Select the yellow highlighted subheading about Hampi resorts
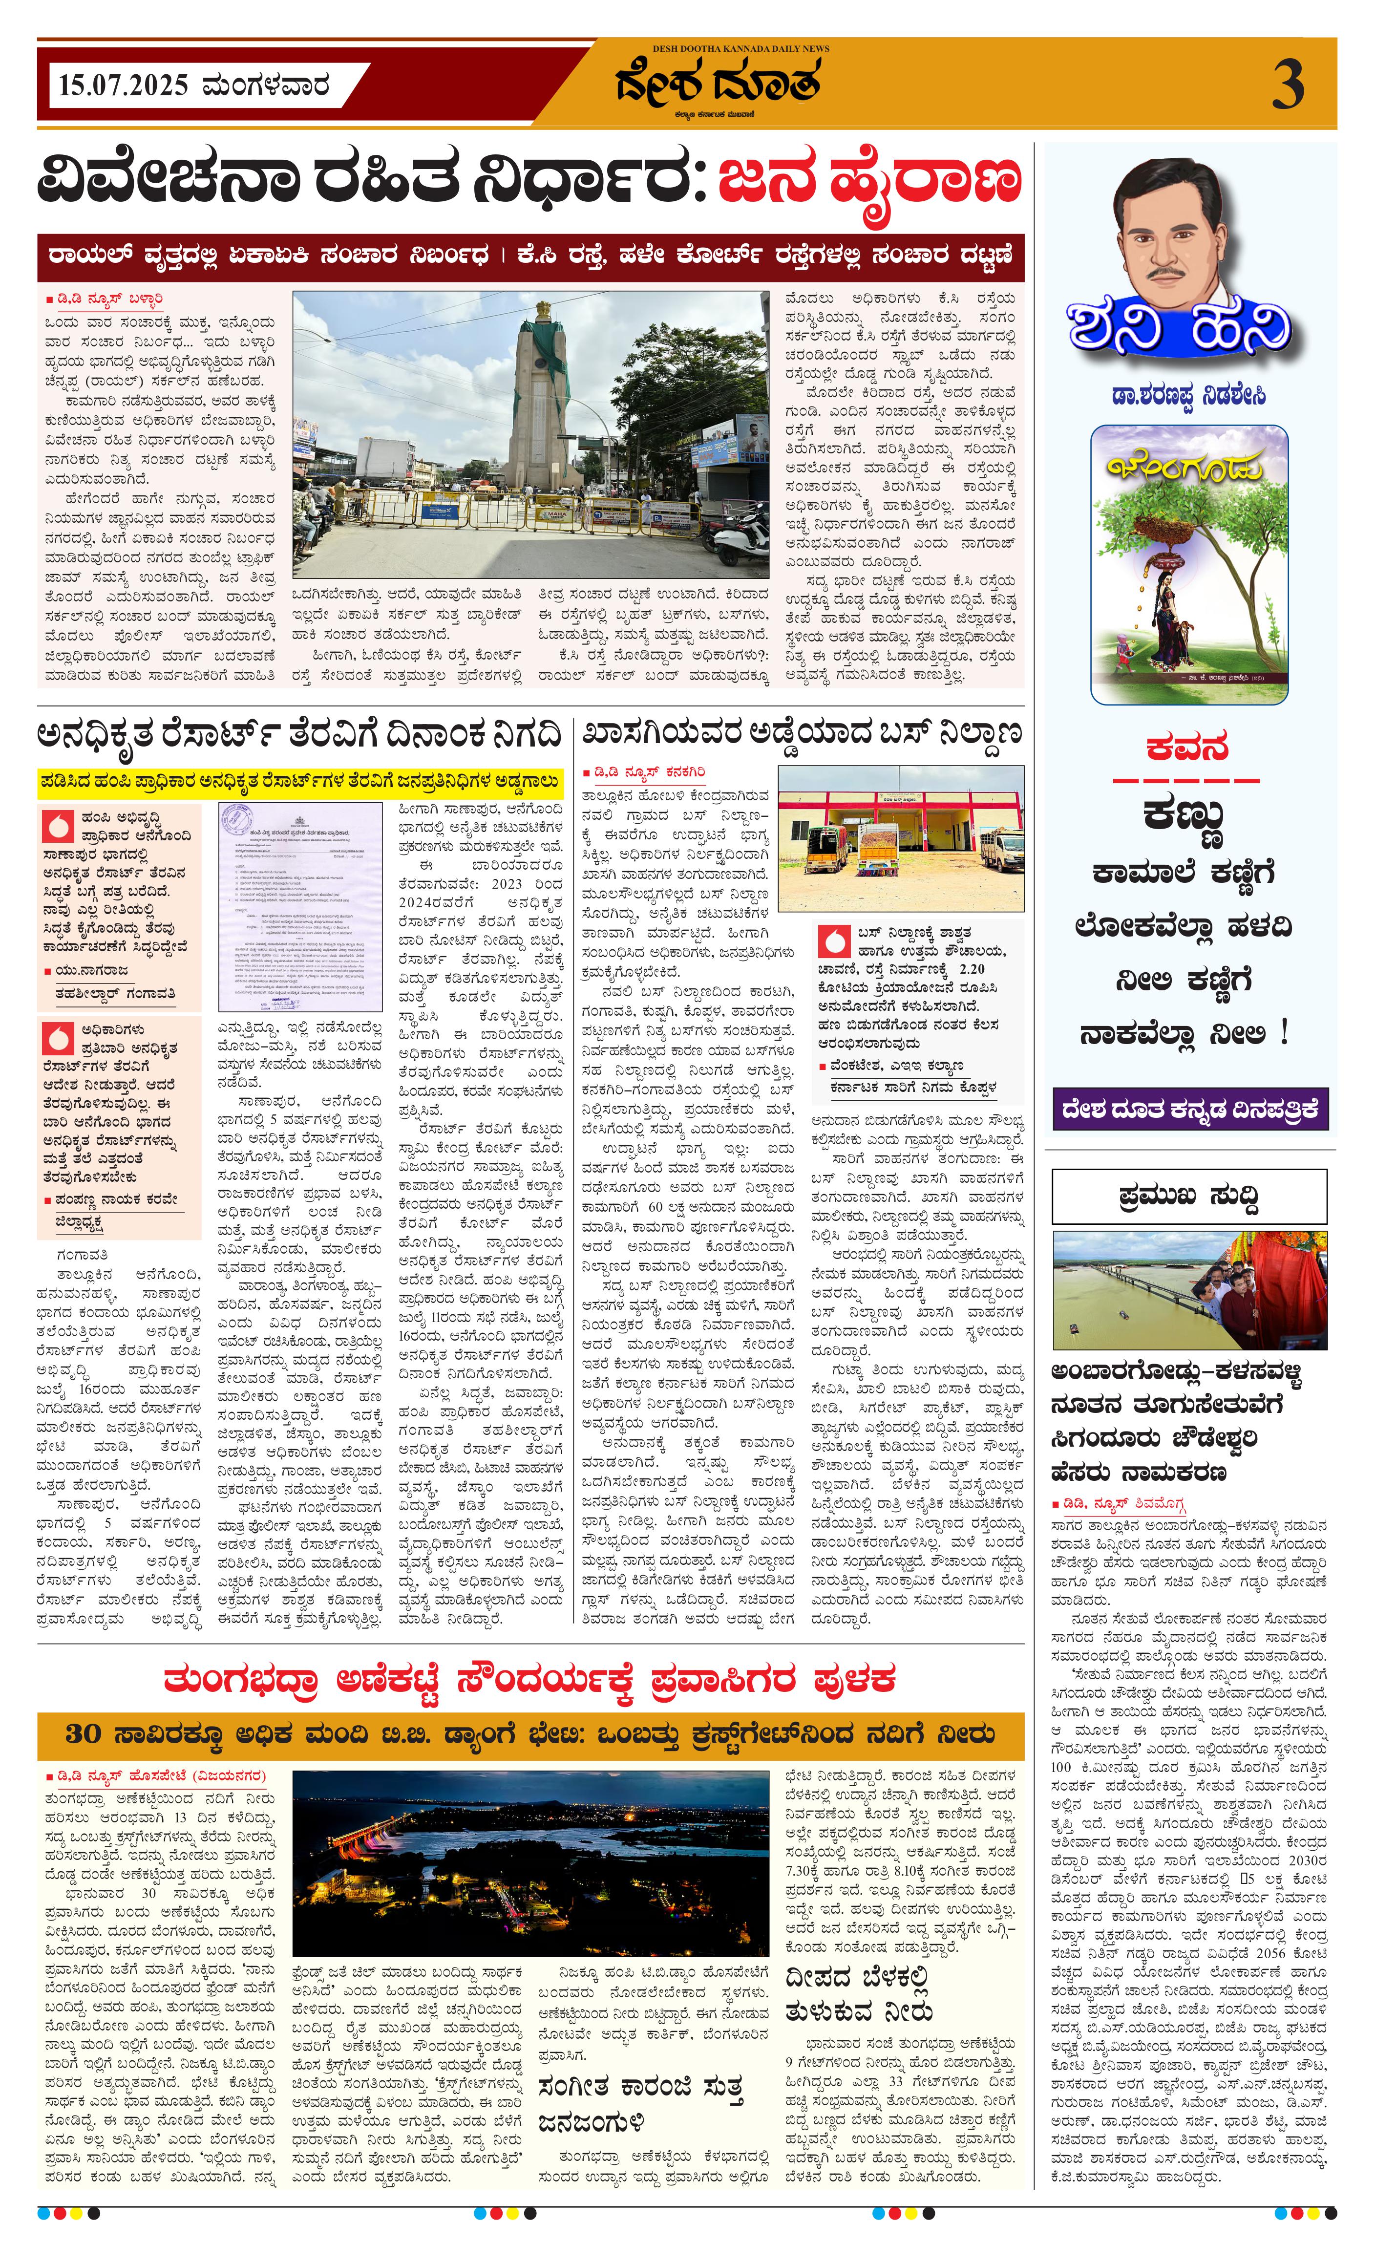point(300,780)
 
